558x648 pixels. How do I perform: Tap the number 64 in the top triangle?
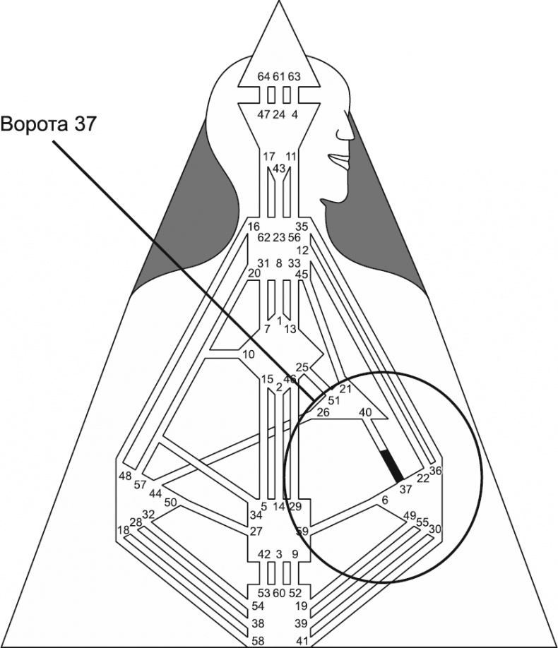click(x=263, y=76)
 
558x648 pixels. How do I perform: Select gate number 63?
click(x=294, y=76)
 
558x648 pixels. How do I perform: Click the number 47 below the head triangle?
click(x=263, y=114)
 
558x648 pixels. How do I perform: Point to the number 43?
click(x=278, y=168)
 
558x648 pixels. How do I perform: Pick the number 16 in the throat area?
click(x=254, y=227)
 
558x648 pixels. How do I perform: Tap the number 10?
click(x=248, y=354)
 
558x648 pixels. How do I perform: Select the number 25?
click(x=302, y=367)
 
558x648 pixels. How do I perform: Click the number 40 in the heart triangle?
click(x=365, y=412)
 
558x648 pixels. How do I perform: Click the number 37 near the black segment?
click(x=405, y=489)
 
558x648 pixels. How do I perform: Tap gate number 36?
click(x=435, y=471)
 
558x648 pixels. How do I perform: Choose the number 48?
click(x=125, y=475)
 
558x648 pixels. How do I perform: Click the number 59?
click(x=303, y=531)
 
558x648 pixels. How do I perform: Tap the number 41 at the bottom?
click(x=300, y=641)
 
